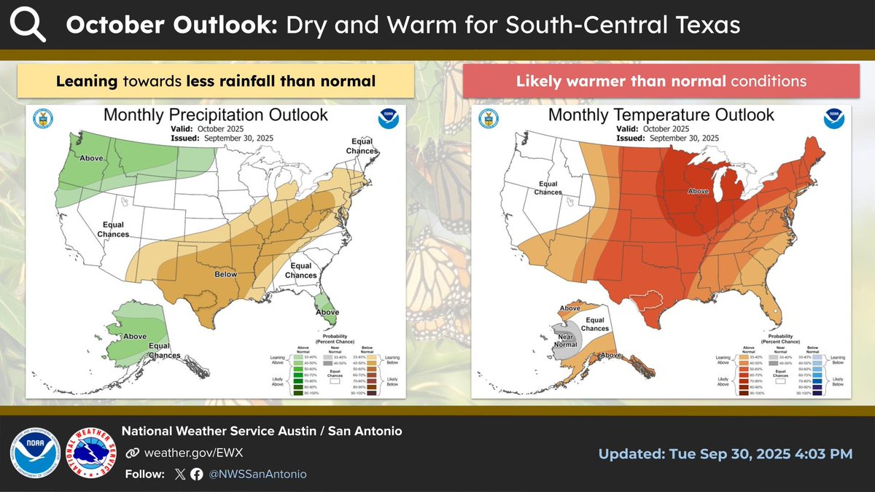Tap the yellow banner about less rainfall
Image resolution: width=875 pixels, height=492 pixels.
pos(216,81)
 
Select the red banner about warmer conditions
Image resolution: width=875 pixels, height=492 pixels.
pos(661,81)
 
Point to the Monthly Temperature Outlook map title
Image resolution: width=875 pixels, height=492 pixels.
pos(661,114)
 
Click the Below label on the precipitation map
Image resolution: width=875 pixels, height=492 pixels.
pos(225,275)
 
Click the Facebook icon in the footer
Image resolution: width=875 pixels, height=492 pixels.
pos(196,474)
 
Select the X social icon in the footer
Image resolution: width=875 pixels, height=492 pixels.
pos(180,474)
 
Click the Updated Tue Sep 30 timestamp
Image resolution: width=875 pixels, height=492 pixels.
pos(725,453)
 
